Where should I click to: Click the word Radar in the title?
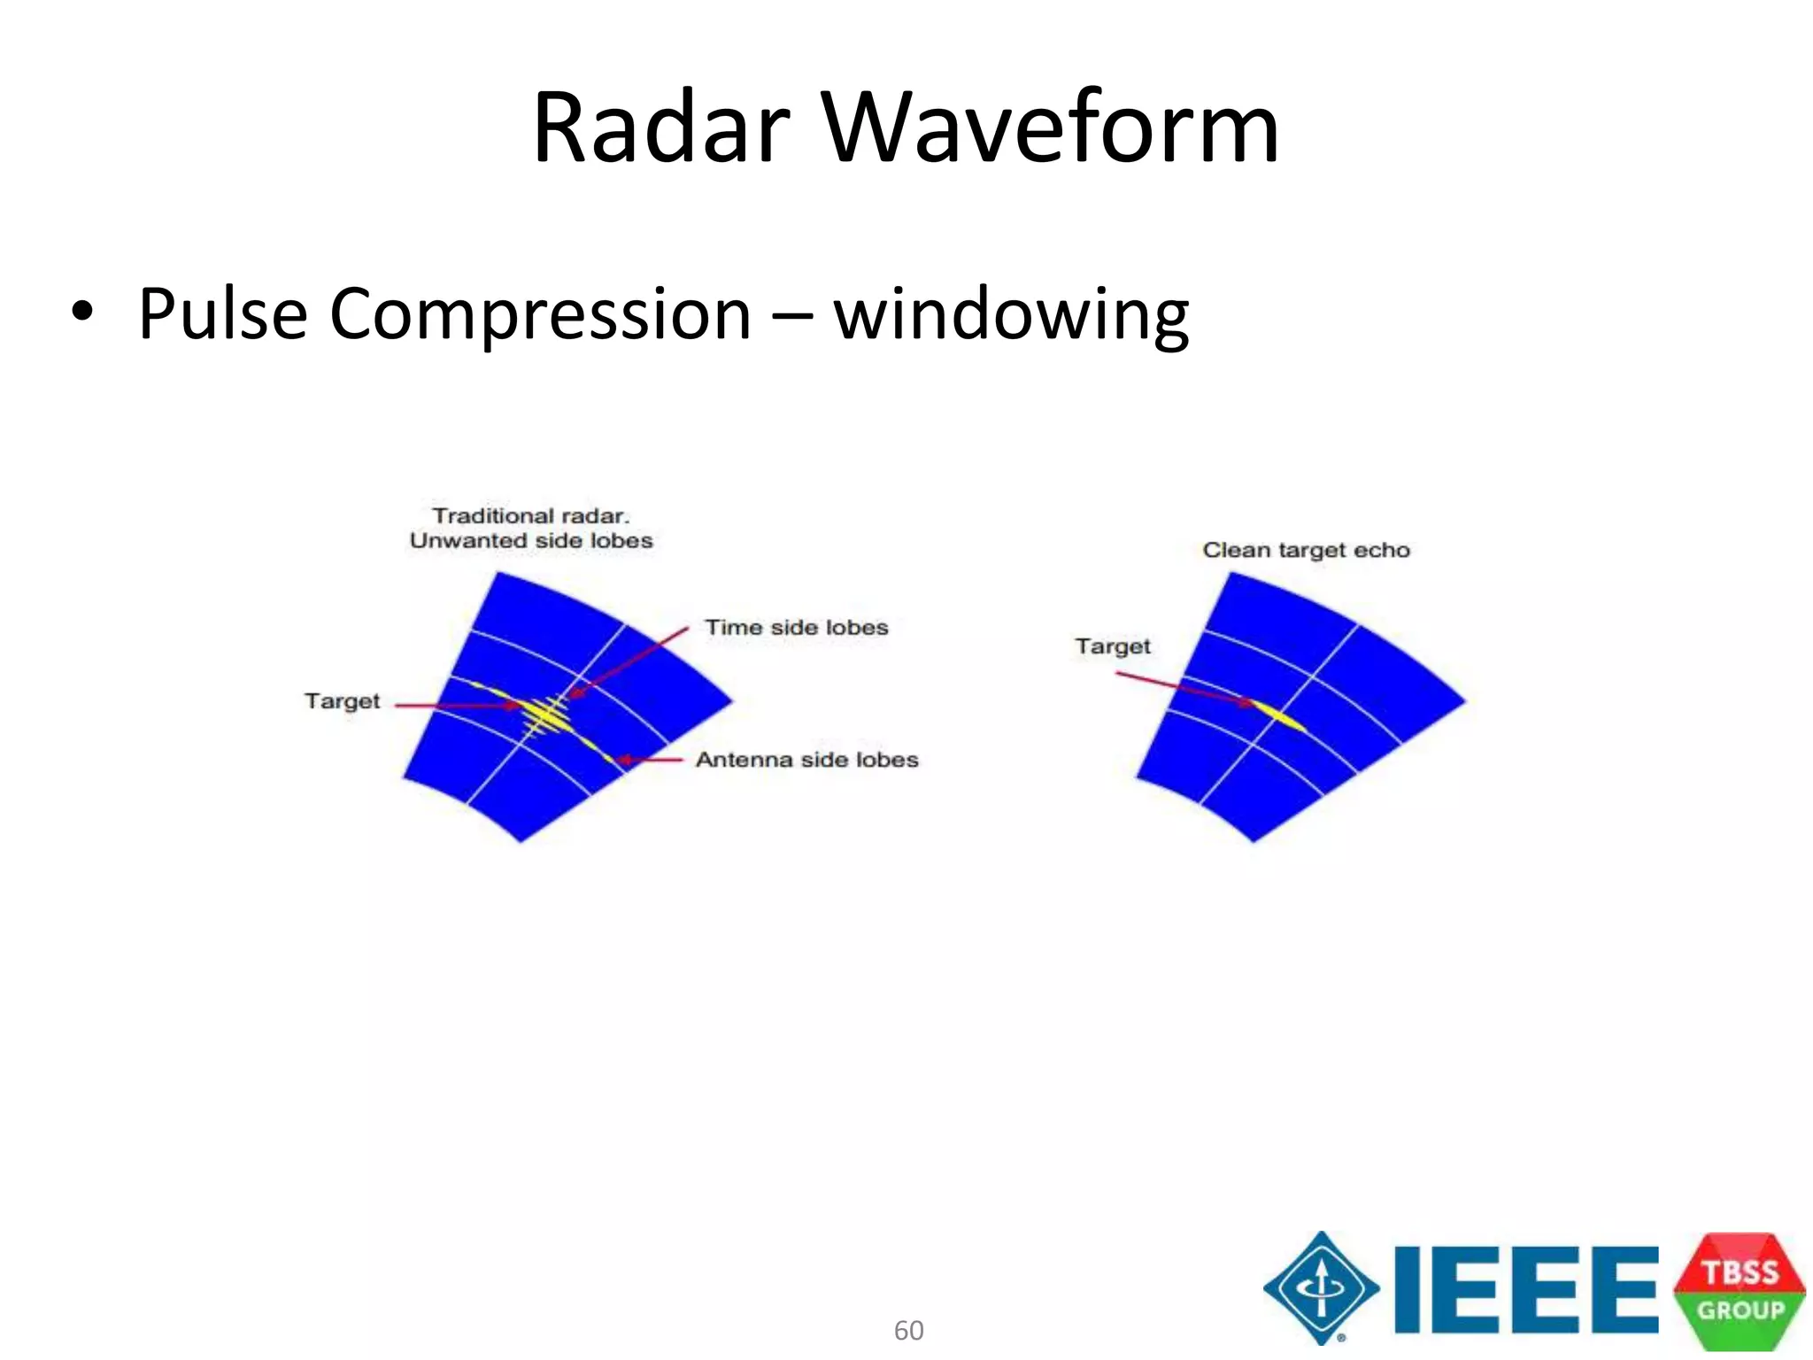[x=660, y=129]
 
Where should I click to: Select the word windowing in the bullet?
[x=1011, y=315]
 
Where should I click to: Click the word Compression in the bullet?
[x=540, y=315]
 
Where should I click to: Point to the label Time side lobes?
[x=796, y=628]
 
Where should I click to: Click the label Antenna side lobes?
[x=806, y=760]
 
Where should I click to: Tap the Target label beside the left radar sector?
[x=342, y=701]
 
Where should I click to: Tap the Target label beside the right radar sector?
[x=1112, y=646]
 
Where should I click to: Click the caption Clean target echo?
[x=1306, y=550]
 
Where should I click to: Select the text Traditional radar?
[x=530, y=515]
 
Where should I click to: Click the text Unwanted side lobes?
[x=531, y=541]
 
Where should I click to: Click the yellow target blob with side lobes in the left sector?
[x=543, y=714]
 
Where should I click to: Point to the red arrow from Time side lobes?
[x=629, y=661]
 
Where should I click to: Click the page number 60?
[x=908, y=1330]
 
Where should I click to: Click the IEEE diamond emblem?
[x=1321, y=1288]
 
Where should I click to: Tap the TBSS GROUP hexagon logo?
[x=1740, y=1291]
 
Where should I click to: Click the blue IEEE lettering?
[x=1525, y=1289]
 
